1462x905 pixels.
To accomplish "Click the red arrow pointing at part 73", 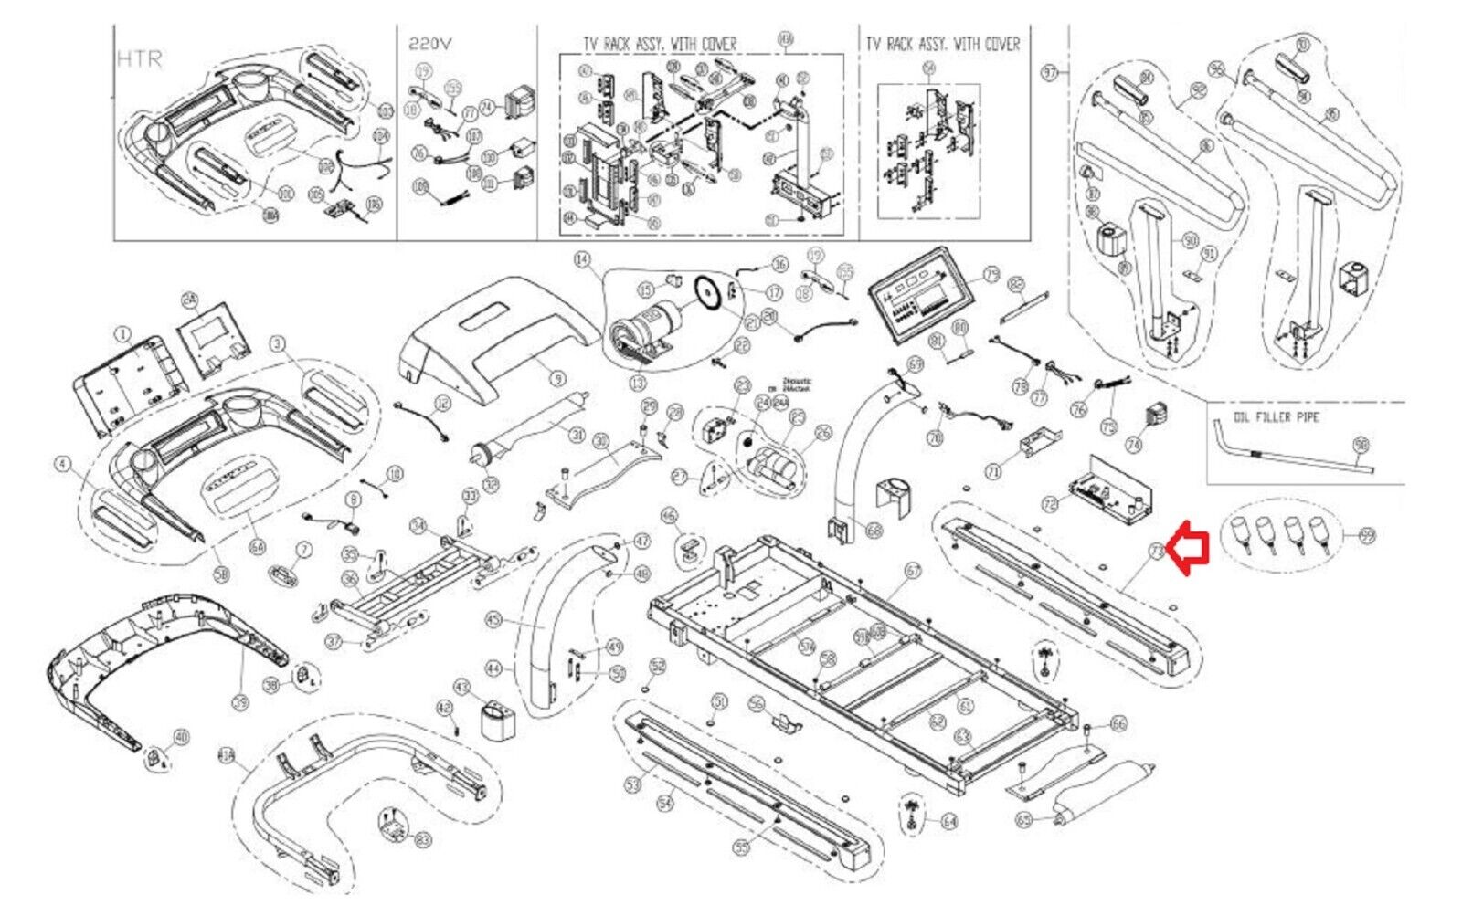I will click(x=1192, y=551).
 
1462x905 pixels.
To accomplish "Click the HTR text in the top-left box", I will click(x=140, y=58).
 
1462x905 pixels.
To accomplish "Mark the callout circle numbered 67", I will click(x=913, y=570).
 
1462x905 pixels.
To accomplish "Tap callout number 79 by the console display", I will click(x=991, y=275).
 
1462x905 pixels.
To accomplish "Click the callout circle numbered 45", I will click(x=494, y=621).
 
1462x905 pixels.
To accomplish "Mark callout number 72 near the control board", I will click(x=1050, y=503).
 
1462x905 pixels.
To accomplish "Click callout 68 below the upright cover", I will click(x=874, y=530).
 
